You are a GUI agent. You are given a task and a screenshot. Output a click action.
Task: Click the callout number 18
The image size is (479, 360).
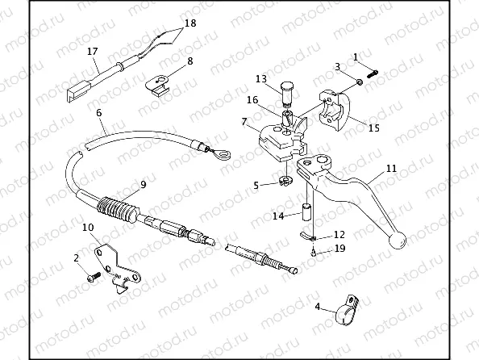(190, 23)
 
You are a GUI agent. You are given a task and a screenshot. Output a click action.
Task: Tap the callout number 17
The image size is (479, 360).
(92, 51)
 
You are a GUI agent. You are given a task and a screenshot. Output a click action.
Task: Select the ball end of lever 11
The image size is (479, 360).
(398, 240)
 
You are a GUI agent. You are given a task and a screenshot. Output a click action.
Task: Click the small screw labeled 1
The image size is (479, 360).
(372, 73)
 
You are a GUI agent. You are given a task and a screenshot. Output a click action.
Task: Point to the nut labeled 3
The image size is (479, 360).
(360, 82)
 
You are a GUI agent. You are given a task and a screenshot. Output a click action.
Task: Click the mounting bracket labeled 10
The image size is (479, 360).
(118, 269)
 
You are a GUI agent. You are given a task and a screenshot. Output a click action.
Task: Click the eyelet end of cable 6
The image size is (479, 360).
(222, 154)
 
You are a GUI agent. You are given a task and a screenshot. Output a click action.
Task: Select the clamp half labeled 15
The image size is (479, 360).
(335, 110)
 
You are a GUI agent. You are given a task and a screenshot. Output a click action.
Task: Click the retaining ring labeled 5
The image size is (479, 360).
(285, 181)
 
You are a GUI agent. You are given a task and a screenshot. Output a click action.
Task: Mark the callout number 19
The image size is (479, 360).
(340, 248)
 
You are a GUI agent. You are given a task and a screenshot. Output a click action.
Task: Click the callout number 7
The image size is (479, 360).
(244, 122)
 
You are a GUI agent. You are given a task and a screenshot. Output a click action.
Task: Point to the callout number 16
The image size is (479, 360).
(252, 100)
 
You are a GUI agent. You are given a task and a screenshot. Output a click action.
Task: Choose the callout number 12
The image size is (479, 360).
(339, 234)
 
